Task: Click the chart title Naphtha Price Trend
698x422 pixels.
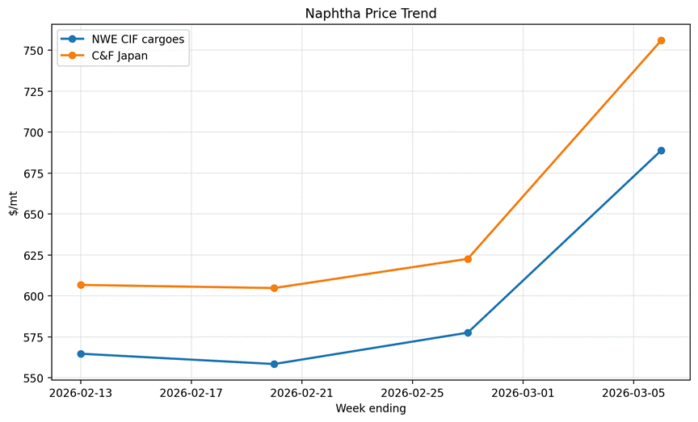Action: point(371,14)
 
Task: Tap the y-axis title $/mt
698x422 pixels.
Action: point(14,204)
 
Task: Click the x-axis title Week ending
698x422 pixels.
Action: point(371,409)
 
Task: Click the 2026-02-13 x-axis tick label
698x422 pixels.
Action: point(81,394)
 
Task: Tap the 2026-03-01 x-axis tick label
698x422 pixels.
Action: point(523,394)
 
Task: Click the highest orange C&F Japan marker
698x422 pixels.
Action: point(661,40)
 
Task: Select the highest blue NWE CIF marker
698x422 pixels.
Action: point(661,151)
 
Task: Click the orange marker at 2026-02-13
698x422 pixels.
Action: point(81,285)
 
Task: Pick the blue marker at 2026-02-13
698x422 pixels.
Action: point(81,353)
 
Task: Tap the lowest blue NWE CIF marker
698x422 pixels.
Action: point(274,364)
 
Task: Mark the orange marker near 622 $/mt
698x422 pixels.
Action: point(468,259)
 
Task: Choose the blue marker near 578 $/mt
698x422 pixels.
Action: point(468,332)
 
